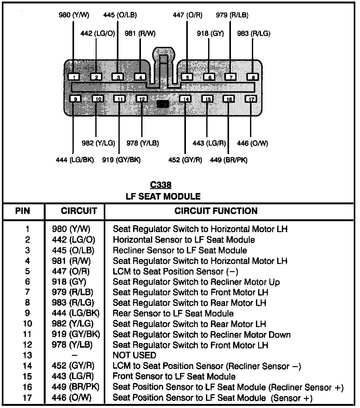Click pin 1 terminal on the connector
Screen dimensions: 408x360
[73, 77]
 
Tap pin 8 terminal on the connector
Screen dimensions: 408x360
[252, 77]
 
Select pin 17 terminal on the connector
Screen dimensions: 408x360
[251, 99]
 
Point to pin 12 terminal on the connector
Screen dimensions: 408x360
[142, 99]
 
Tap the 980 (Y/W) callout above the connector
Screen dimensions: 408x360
[74, 15]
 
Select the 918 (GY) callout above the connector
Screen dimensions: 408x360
[210, 33]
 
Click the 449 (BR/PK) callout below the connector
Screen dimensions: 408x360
[228, 160]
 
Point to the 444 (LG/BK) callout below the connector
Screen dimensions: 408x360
[75, 160]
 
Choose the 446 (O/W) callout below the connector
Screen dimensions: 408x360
[252, 143]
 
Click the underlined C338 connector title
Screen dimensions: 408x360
[161, 185]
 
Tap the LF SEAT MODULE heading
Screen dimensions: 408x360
[163, 197]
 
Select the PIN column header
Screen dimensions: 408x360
[23, 211]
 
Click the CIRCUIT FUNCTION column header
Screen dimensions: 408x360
[216, 211]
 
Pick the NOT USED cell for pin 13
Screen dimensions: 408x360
[134, 355]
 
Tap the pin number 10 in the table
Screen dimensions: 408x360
[27, 324]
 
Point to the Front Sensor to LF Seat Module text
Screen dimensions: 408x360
[174, 376]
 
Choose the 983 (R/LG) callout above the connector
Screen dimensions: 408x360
[253, 33]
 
